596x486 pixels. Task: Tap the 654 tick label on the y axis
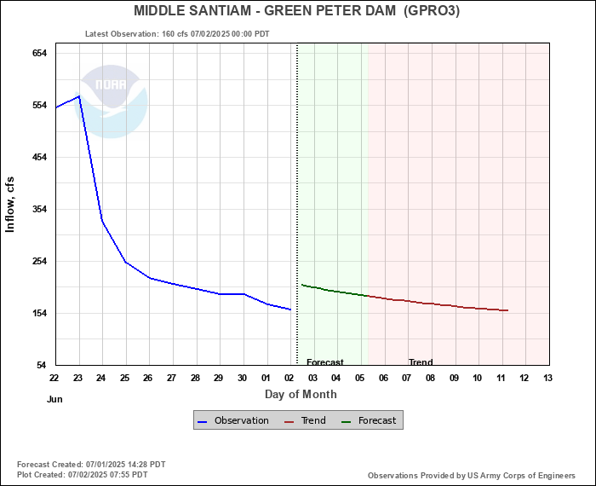coord(39,53)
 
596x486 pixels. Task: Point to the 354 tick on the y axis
coord(39,209)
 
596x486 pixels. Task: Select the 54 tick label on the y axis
coord(42,365)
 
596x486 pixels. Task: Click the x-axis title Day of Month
coord(301,394)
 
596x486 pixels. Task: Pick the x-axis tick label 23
coord(78,378)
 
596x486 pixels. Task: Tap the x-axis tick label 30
coord(243,378)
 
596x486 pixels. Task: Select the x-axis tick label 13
coord(547,378)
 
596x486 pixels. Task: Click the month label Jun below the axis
coord(54,398)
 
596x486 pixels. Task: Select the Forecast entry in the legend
coord(372,420)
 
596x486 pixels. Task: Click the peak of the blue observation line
coord(79,96)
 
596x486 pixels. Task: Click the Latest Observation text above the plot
coord(177,34)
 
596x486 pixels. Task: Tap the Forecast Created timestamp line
coord(91,465)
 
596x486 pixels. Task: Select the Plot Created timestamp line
coord(82,474)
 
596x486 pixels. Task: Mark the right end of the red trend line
coord(507,310)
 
